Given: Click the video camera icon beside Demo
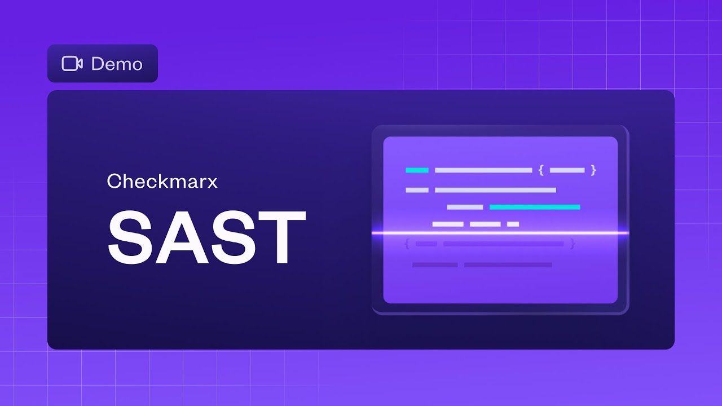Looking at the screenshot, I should click(x=72, y=64).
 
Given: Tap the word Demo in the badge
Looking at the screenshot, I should click(x=117, y=64).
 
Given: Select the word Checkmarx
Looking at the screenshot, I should click(x=162, y=181).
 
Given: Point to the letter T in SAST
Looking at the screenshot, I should click(x=277, y=237).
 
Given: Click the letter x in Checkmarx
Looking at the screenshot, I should click(x=212, y=182).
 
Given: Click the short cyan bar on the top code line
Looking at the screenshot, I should click(x=417, y=170).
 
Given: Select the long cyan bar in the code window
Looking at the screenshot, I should click(x=535, y=207).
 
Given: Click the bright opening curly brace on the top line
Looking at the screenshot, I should click(x=541, y=170).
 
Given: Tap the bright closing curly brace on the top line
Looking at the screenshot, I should click(x=593, y=170).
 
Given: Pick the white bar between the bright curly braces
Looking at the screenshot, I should click(x=567, y=170).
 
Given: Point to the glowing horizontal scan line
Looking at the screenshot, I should click(x=500, y=232).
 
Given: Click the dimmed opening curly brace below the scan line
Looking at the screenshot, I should click(x=407, y=244).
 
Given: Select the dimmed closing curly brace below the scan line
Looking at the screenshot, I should click(x=573, y=244).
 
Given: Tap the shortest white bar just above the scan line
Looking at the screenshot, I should click(x=513, y=224).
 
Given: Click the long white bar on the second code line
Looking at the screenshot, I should click(x=495, y=190).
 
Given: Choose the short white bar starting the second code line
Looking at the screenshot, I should click(x=417, y=190).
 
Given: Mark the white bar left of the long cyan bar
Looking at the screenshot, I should click(x=465, y=207).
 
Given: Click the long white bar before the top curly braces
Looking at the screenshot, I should click(x=483, y=170).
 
